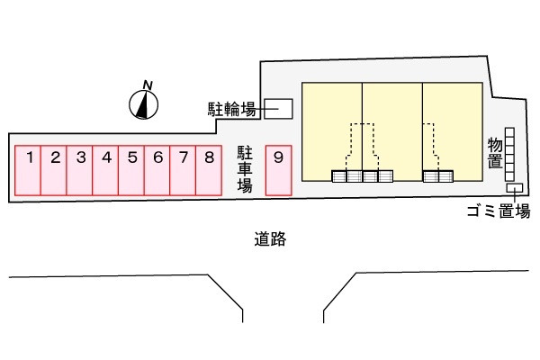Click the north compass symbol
pos(143,103)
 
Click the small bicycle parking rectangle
pos(278,109)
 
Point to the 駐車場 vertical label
pos(244,168)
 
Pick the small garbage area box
pos(516,188)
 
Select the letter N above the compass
pos(148,85)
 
